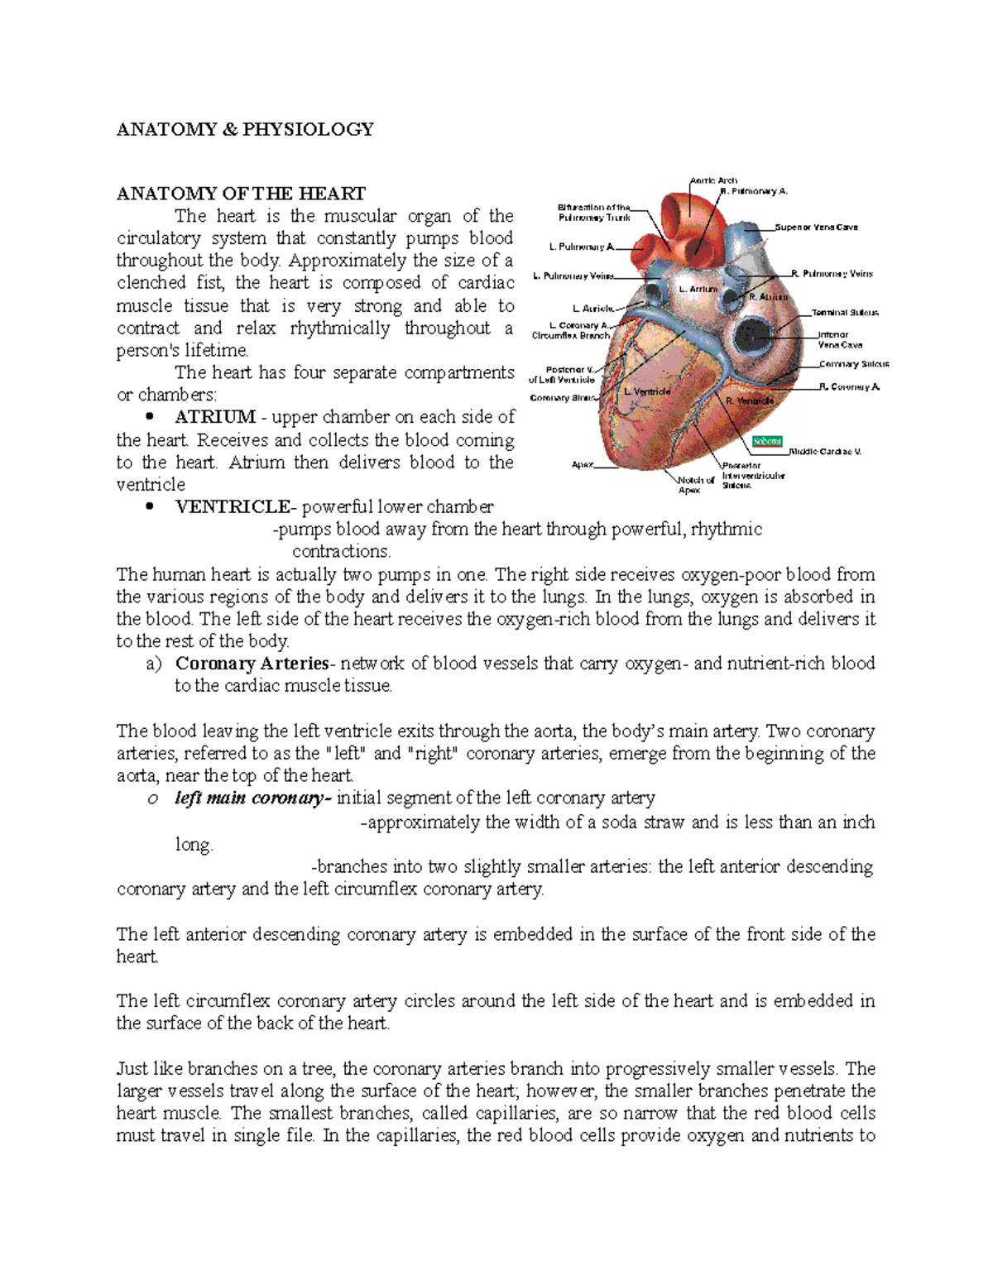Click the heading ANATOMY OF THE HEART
click(241, 194)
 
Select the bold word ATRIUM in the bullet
click(215, 417)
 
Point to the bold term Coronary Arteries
click(252, 664)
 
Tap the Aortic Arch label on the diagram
click(713, 180)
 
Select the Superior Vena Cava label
click(816, 227)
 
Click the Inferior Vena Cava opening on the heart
click(755, 335)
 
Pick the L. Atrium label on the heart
click(698, 290)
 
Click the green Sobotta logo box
click(767, 441)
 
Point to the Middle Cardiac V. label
click(825, 452)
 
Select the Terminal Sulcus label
click(845, 313)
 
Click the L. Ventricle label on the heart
click(647, 391)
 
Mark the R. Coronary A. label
click(849, 386)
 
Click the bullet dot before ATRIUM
click(149, 417)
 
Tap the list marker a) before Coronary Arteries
click(157, 664)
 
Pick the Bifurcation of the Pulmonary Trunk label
click(594, 213)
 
